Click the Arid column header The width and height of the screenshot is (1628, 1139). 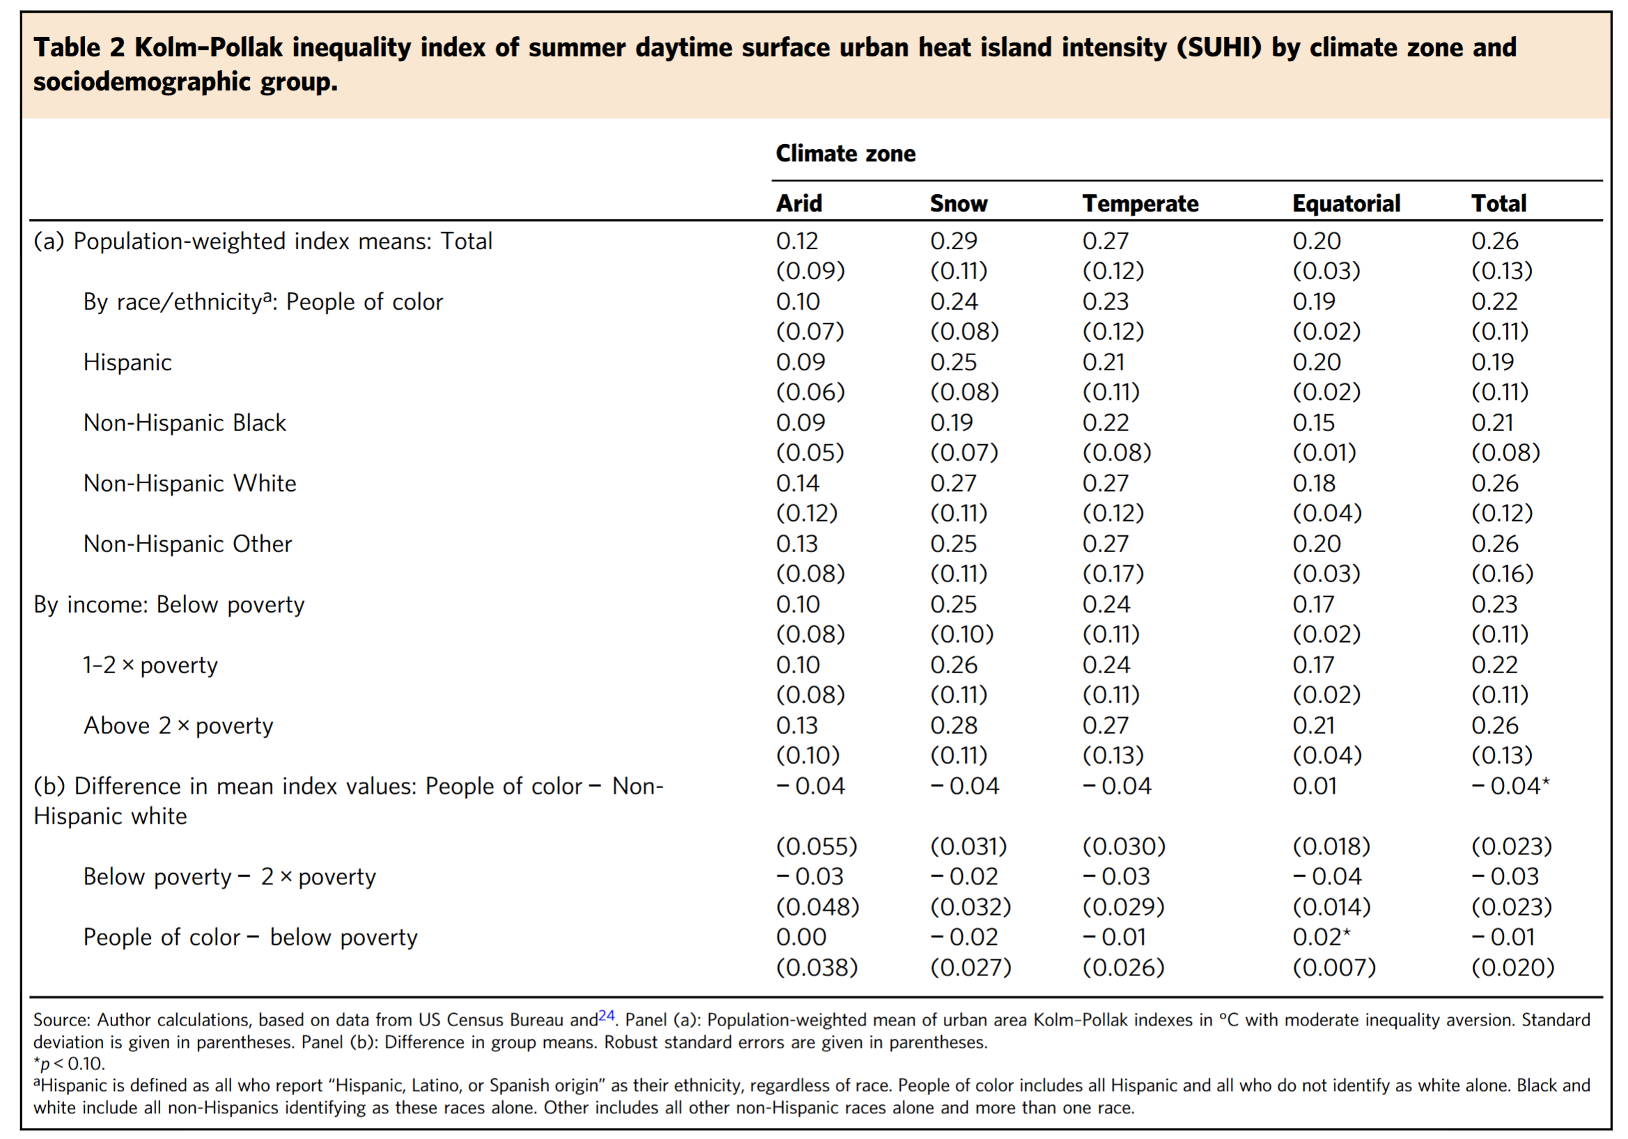[x=799, y=203]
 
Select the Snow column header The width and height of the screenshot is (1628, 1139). [x=959, y=203]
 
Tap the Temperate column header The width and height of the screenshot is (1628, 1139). [x=1140, y=203]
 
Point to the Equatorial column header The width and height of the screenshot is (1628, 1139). [x=1346, y=203]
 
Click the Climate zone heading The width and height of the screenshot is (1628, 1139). [x=845, y=153]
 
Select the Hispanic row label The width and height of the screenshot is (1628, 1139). [x=127, y=362]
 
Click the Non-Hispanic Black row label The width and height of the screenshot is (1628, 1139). [x=185, y=423]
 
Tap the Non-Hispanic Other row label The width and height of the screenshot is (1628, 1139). [x=188, y=544]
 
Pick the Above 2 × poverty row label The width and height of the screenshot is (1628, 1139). [x=178, y=725]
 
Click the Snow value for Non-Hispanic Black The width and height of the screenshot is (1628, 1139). [x=952, y=423]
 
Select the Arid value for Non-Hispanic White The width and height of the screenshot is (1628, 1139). [x=798, y=483]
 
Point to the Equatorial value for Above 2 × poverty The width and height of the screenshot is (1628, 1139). [x=1313, y=725]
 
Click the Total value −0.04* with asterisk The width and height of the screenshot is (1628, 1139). [x=1510, y=785]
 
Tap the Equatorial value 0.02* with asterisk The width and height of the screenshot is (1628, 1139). [x=1321, y=936]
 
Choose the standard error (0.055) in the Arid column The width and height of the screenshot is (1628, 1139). [x=817, y=847]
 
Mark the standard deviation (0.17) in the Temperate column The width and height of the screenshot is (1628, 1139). [x=1113, y=574]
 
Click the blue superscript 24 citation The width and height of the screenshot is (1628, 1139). [x=606, y=1015]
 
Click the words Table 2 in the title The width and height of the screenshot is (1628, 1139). [x=79, y=47]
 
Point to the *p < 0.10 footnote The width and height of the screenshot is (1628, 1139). [x=69, y=1064]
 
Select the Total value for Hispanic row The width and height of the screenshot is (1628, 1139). [x=1493, y=362]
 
